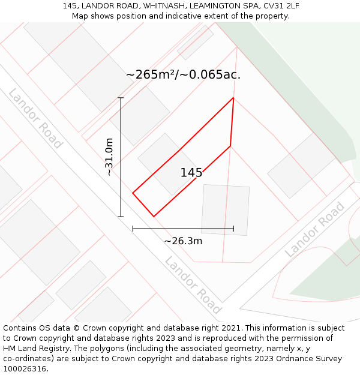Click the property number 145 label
tap(191, 173)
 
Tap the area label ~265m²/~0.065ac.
tap(183, 74)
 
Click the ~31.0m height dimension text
tap(109, 157)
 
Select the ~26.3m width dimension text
tap(183, 241)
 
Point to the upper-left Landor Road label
tap(35, 118)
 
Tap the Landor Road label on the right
tap(315, 230)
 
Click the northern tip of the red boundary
tap(233, 98)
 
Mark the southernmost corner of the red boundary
tap(154, 216)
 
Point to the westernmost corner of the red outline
tap(133, 193)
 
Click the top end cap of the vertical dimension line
tap(121, 98)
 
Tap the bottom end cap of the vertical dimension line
tap(121, 216)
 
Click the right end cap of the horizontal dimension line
tap(233, 229)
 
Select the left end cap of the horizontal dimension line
tap(133, 229)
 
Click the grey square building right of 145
tap(225, 209)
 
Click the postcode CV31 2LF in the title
tap(280, 6)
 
